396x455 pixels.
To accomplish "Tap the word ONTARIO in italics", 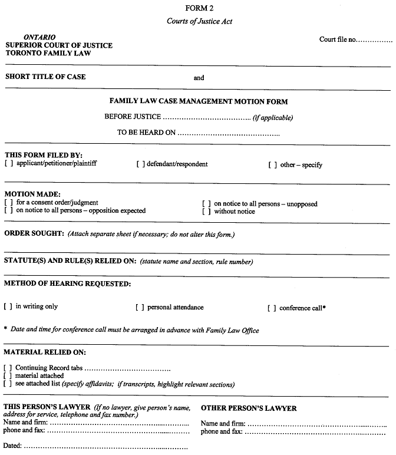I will click(39, 37).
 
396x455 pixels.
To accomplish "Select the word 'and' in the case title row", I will click(199, 78).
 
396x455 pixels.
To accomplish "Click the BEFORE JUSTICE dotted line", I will click(206, 117).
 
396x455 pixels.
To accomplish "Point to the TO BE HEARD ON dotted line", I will click(229, 133).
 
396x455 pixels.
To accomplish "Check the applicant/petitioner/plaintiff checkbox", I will click(9, 164).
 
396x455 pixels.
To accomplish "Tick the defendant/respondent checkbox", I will click(141, 164).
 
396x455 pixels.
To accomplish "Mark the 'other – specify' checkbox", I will click(272, 165).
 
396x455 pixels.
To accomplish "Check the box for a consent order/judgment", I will click(9, 203).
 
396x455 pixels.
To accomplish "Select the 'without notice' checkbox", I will click(207, 211).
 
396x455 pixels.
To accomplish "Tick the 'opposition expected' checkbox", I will click(9, 210).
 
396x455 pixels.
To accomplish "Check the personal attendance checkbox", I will click(140, 308).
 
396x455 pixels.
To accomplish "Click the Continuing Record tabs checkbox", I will click(9, 368).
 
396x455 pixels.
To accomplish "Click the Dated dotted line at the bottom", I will click(106, 446).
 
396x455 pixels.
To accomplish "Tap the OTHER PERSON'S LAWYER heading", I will click(249, 408).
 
